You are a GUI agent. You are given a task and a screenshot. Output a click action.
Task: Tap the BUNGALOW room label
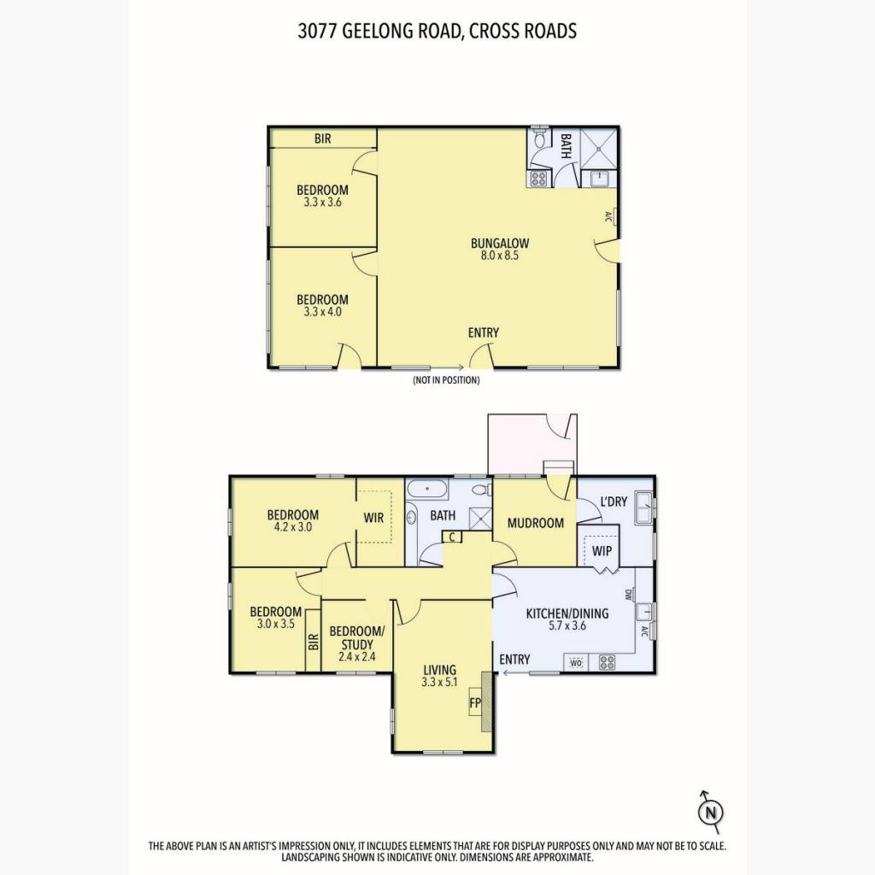pos(499,244)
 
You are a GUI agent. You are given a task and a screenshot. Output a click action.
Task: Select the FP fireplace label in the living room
pos(475,703)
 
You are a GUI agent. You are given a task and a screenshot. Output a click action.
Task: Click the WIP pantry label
pos(602,551)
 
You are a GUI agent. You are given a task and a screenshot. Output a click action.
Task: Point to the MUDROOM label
pos(535,523)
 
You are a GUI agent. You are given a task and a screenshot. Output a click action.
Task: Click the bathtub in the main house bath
pos(427,490)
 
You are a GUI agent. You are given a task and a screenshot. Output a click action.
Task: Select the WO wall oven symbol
pos(576,663)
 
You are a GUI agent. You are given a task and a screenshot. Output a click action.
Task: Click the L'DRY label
pos(614,501)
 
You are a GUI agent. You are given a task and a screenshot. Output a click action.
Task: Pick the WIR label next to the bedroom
pos(373,518)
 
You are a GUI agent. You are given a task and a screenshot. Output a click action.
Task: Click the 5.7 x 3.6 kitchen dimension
pos(567,625)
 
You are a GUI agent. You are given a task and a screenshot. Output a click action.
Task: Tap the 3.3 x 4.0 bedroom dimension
pos(322,312)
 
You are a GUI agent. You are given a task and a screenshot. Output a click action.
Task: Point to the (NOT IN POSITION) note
pos(446,380)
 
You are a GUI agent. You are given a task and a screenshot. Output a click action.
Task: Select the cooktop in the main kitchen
pos(607,662)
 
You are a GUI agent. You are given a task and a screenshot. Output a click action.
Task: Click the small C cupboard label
pos(452,537)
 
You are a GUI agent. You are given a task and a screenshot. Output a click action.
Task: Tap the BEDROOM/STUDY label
pos(356,637)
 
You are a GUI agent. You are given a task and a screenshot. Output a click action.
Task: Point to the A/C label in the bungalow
pos(608,216)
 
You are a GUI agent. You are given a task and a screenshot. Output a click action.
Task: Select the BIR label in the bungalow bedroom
pos(322,138)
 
